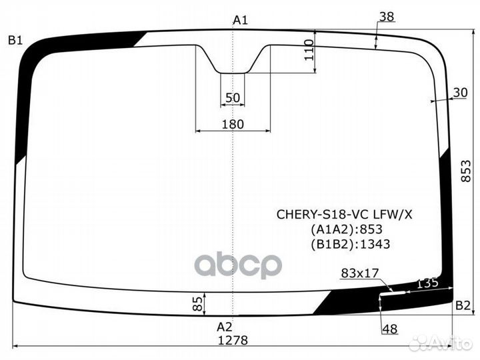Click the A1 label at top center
(x=240, y=21)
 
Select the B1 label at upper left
(x=15, y=41)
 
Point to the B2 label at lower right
(x=462, y=305)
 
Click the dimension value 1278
(x=233, y=339)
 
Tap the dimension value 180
(x=233, y=124)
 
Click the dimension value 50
(x=232, y=98)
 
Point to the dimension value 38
(x=386, y=17)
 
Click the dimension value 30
(x=460, y=93)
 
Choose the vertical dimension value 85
(x=197, y=305)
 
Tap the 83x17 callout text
(x=359, y=273)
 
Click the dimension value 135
(x=427, y=283)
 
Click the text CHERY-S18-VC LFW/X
(x=345, y=214)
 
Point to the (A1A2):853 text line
(x=346, y=229)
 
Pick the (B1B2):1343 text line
(x=350, y=244)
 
